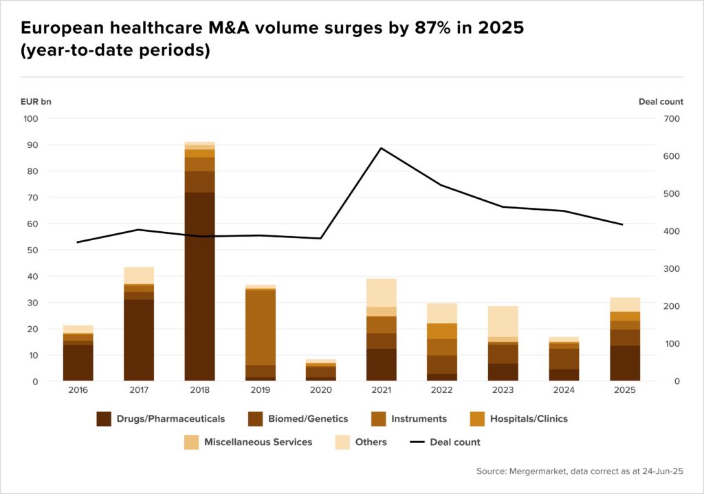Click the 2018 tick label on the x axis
(x=199, y=389)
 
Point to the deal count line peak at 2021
(x=381, y=148)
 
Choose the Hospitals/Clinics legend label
(x=529, y=418)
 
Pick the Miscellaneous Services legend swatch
(x=192, y=442)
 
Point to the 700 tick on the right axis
(x=672, y=118)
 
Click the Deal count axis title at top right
(x=661, y=101)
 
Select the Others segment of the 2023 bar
(x=503, y=321)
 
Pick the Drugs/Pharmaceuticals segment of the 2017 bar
(x=139, y=340)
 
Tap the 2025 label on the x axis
(x=624, y=389)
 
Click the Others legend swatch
(x=342, y=442)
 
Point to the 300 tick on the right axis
(x=672, y=268)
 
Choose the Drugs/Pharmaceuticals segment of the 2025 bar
(x=624, y=363)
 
